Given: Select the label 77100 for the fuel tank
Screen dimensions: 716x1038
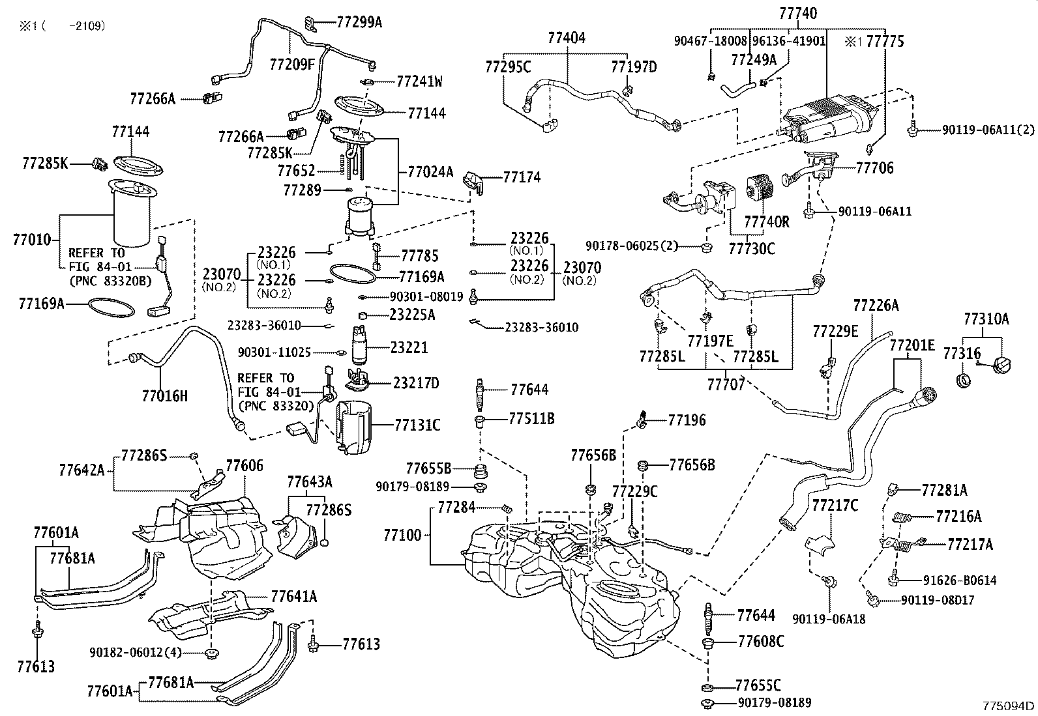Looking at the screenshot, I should [402, 535].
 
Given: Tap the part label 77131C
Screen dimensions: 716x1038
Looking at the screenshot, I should [417, 425].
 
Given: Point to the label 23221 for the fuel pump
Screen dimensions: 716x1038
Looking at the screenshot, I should [409, 348].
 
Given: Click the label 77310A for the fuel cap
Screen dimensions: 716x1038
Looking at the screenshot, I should [986, 319].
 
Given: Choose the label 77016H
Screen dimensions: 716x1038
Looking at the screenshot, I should [164, 395].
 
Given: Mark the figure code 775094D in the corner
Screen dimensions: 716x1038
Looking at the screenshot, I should [1009, 706].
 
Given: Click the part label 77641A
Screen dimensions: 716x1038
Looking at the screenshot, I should [293, 595].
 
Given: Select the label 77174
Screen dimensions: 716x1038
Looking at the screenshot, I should [522, 177].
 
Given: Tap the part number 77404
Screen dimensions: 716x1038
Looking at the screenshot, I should [566, 38].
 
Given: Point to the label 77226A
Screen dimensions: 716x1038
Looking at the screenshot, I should [876, 305].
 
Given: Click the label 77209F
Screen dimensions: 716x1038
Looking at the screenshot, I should [292, 63].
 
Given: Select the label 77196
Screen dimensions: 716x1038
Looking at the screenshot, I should [687, 420].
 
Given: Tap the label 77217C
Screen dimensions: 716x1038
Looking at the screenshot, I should [835, 505].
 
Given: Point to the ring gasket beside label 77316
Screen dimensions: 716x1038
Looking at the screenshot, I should [963, 379].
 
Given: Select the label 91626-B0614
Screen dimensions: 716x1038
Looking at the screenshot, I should [958, 580].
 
